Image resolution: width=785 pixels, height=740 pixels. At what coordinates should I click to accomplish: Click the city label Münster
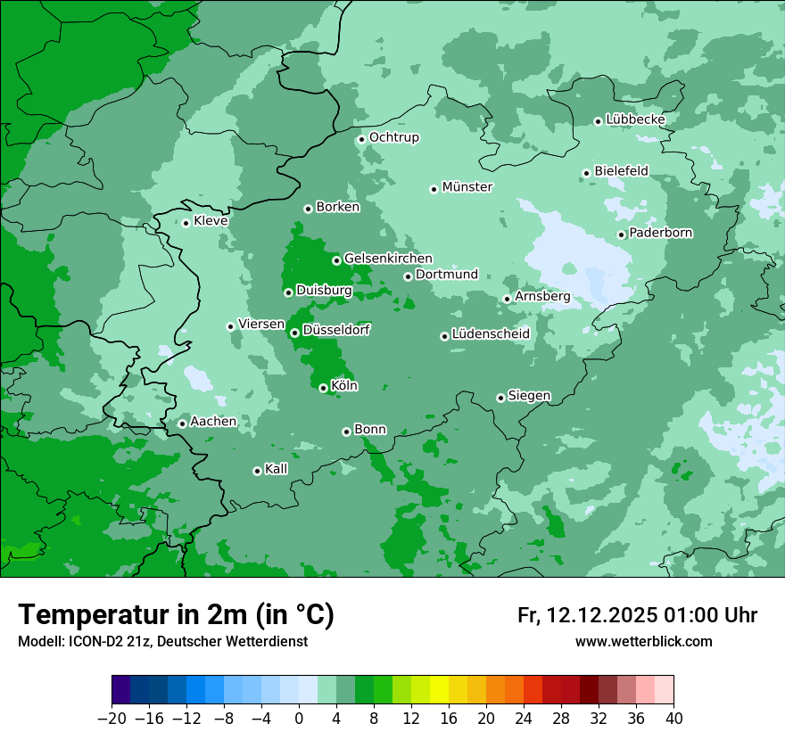[x=467, y=187]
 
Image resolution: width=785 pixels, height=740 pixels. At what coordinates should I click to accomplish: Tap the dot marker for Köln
[x=323, y=388]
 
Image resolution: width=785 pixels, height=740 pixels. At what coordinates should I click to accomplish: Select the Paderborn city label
[x=660, y=233]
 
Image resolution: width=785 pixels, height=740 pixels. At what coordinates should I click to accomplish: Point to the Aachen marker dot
[x=182, y=423]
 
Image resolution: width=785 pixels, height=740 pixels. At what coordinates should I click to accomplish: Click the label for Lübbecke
[x=635, y=119]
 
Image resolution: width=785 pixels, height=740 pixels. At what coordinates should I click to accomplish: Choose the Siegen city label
[x=529, y=396]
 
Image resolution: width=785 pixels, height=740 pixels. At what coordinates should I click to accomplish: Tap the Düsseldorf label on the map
[x=336, y=330]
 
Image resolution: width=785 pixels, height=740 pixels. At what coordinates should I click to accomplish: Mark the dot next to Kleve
[x=186, y=223]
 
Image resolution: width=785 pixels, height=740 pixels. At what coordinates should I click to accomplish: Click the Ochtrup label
[x=393, y=137]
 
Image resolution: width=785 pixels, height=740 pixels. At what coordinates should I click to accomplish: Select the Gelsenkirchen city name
[x=388, y=259]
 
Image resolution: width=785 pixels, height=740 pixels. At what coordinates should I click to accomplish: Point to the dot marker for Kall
[x=257, y=471]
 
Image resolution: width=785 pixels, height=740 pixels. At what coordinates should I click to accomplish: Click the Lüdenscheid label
[x=491, y=334]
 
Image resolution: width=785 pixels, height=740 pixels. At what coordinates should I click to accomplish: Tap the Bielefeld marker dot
[x=586, y=173]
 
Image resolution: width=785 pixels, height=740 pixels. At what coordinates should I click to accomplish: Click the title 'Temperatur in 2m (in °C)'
[x=176, y=614]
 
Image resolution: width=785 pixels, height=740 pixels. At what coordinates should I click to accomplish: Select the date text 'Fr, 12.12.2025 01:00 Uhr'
[x=637, y=615]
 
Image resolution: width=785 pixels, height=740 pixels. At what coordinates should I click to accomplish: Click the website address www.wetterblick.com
[x=643, y=642]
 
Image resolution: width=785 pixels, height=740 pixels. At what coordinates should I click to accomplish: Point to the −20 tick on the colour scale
[x=112, y=718]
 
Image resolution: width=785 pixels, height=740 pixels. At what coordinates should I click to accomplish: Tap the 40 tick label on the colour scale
[x=673, y=718]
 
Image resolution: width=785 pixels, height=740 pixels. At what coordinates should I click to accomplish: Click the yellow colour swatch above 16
[x=439, y=690]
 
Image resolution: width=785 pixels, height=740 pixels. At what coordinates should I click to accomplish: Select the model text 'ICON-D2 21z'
[x=95, y=642]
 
